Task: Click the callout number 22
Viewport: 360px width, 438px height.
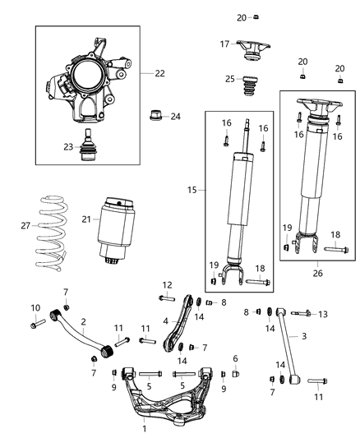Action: pos(159,73)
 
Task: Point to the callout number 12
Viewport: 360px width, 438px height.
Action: pos(167,285)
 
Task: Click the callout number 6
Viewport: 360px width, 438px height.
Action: pos(235,358)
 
